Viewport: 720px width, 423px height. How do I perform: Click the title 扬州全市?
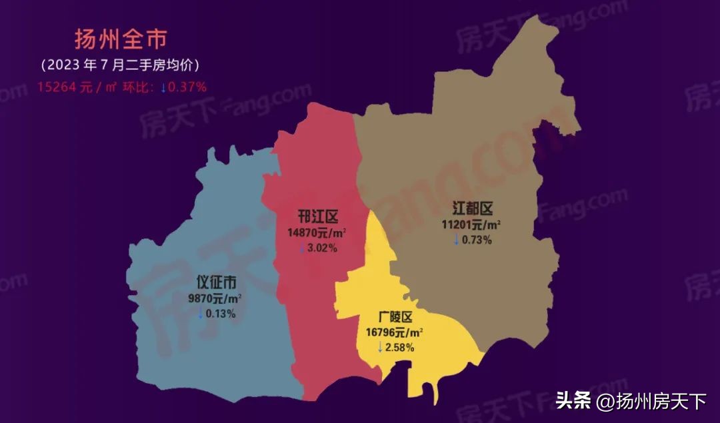click(120, 39)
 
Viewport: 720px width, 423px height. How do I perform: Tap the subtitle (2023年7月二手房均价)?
click(120, 65)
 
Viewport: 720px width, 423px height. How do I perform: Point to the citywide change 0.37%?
click(187, 87)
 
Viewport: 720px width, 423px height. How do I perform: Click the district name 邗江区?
click(318, 217)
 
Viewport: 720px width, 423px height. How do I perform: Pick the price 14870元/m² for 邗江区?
click(317, 233)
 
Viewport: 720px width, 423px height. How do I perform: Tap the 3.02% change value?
click(322, 248)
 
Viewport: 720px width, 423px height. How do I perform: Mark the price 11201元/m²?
click(471, 224)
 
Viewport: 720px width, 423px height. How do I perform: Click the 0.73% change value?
click(477, 239)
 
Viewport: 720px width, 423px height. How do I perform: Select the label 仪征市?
click(216, 282)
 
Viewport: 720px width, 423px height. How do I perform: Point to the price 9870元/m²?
click(215, 299)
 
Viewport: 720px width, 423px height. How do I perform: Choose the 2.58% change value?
click(400, 347)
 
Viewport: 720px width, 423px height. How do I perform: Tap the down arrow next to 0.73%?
click(457, 239)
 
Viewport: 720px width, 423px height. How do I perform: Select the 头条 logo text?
click(573, 401)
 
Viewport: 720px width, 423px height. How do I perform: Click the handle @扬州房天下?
click(651, 401)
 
